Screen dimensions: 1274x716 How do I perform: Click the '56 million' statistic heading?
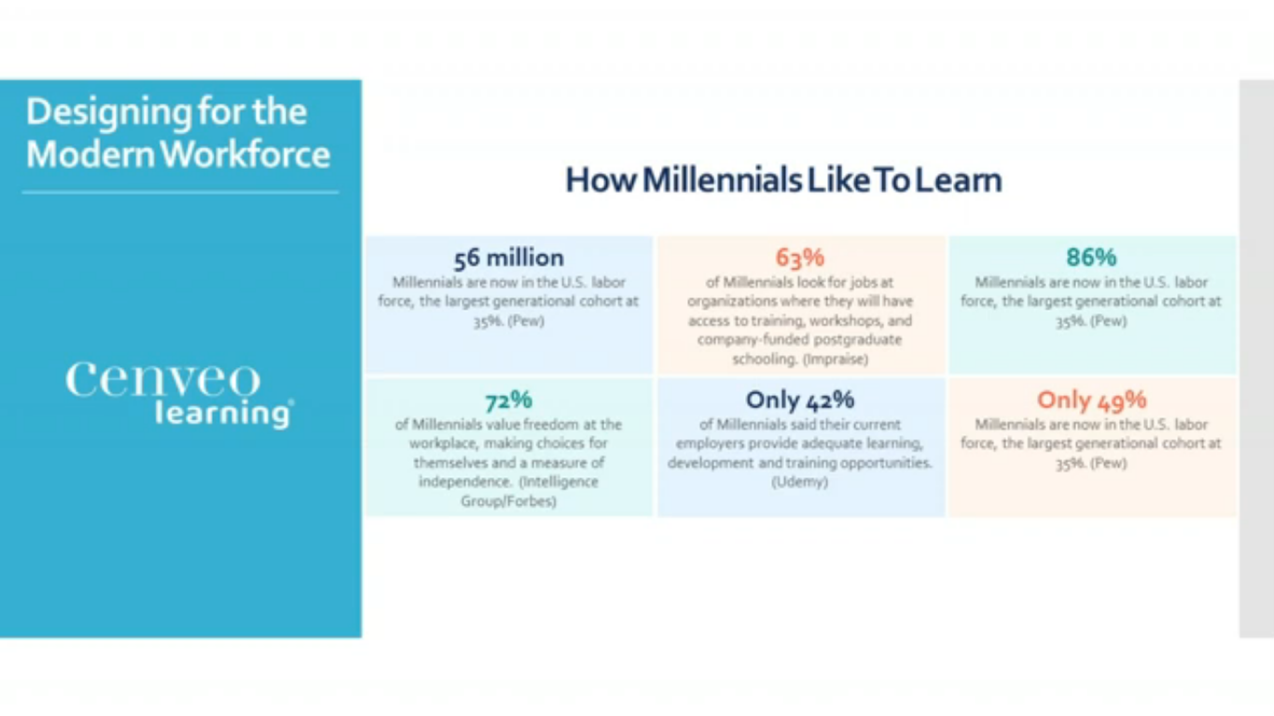point(508,258)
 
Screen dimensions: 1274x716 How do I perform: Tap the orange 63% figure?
point(799,257)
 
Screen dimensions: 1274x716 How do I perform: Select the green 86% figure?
point(1091,257)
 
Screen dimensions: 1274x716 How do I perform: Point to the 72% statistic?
point(508,400)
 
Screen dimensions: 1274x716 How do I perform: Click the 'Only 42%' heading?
point(799,400)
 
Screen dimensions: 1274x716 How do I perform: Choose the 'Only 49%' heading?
point(1091,400)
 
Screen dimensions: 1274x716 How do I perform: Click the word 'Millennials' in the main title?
point(722,180)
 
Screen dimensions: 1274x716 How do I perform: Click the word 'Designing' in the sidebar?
point(108,113)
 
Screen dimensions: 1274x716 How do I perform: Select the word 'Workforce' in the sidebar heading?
point(245,154)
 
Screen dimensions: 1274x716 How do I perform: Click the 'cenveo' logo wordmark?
point(162,379)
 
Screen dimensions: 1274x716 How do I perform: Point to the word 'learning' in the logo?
point(224,413)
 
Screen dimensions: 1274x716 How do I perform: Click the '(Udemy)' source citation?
point(799,482)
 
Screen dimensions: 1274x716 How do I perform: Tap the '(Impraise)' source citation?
point(836,360)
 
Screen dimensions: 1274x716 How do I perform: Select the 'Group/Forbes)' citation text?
point(508,501)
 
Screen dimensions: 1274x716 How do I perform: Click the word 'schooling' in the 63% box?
point(764,360)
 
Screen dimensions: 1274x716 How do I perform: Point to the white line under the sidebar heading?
point(180,193)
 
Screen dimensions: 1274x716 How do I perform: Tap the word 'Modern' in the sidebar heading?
point(90,154)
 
